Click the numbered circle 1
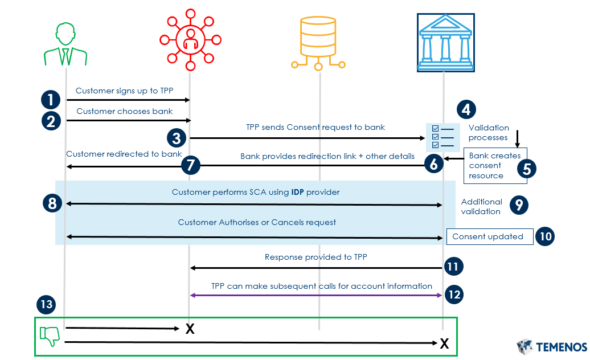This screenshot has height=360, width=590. pyautogui.click(x=51, y=100)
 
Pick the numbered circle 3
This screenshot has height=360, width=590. pyautogui.click(x=177, y=138)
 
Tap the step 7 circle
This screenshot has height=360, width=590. pyautogui.click(x=191, y=166)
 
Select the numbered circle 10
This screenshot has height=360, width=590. pyautogui.click(x=544, y=236)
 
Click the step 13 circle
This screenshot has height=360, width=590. pyautogui.click(x=47, y=305)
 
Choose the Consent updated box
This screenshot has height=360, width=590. pyautogui.click(x=489, y=236)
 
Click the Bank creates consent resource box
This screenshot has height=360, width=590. pyautogui.click(x=495, y=166)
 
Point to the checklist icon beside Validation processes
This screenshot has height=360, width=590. pyautogui.click(x=442, y=137)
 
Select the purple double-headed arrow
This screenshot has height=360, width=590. pyautogui.click(x=316, y=295)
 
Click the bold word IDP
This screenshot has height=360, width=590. pyautogui.click(x=297, y=193)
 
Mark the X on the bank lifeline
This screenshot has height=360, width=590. pyautogui.click(x=444, y=343)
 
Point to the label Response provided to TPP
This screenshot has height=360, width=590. pyautogui.click(x=316, y=257)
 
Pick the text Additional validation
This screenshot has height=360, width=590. pyautogui.click(x=481, y=206)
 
